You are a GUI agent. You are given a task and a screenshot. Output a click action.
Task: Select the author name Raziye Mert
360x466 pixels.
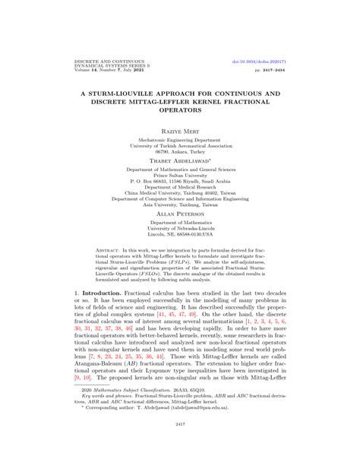(179, 132)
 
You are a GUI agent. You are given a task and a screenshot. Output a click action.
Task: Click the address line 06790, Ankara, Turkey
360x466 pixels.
(179, 152)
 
